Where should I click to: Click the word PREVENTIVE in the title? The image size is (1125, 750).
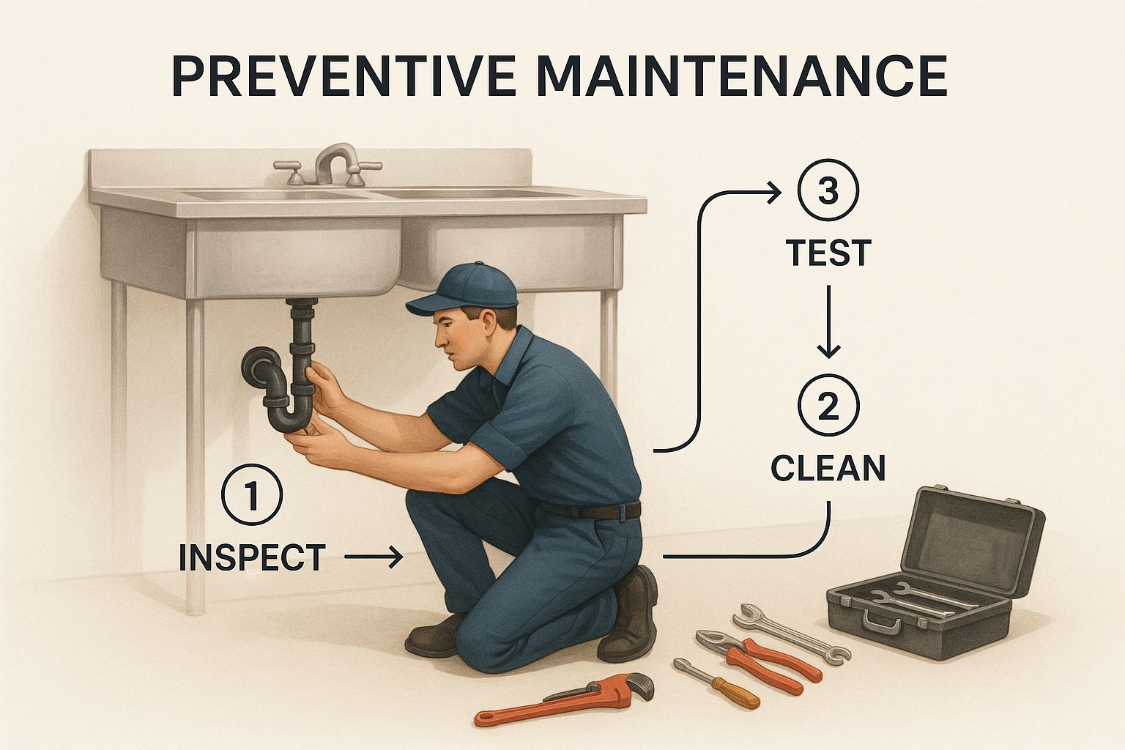tap(344, 75)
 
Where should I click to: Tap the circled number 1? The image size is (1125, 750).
tap(252, 494)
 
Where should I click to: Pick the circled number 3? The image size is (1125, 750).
tap(828, 190)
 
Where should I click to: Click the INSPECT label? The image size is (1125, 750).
tap(253, 557)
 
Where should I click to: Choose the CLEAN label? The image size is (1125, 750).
tap(828, 468)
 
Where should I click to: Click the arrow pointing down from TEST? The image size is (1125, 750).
tap(828, 322)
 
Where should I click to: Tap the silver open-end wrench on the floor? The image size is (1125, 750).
tap(792, 634)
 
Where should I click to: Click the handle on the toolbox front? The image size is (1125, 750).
tap(881, 622)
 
